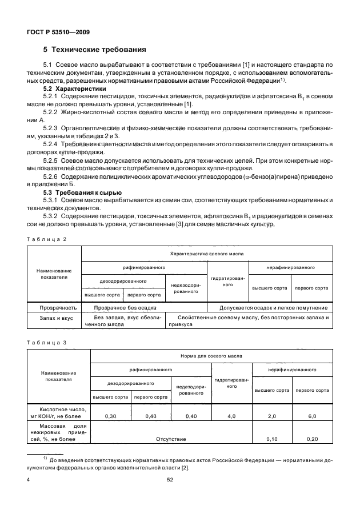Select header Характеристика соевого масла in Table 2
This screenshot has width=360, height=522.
pos(207,252)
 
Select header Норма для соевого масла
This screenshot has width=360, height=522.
pos(211,355)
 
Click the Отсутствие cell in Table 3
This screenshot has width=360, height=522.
pos(171,439)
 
